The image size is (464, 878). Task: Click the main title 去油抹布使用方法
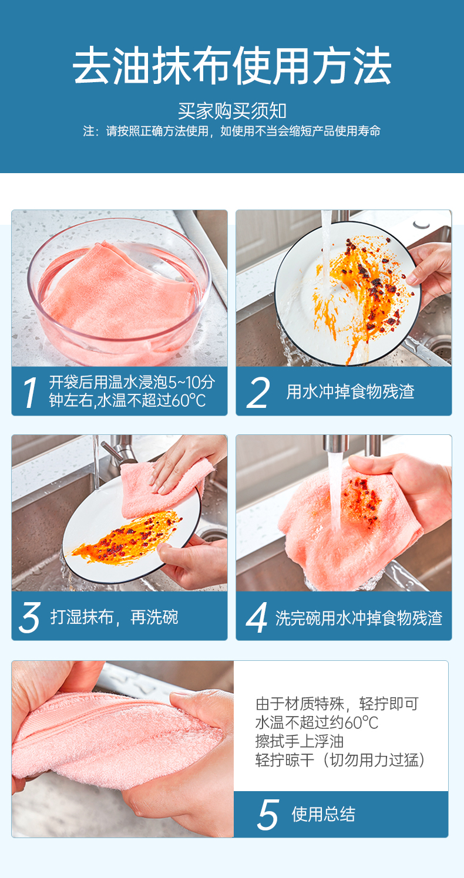tap(232, 66)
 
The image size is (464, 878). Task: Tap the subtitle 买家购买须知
tap(232, 111)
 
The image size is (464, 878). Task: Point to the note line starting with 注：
tap(232, 131)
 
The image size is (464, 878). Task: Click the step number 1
tap(30, 393)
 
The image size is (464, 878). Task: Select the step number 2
tap(258, 393)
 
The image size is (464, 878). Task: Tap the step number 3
tap(30, 618)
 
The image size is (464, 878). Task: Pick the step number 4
tap(257, 618)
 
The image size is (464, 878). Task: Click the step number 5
tap(268, 815)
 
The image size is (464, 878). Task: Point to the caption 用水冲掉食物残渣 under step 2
tap(350, 391)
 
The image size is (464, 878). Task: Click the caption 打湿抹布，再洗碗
tap(114, 617)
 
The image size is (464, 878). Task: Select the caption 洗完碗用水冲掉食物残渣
tap(359, 618)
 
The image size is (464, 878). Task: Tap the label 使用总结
tap(324, 815)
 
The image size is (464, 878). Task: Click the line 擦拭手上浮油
tap(300, 741)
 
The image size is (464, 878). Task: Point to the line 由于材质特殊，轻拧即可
tap(337, 704)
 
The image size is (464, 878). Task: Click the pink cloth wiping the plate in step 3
tap(164, 488)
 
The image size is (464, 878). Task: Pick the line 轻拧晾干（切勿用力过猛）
tap(341, 760)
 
